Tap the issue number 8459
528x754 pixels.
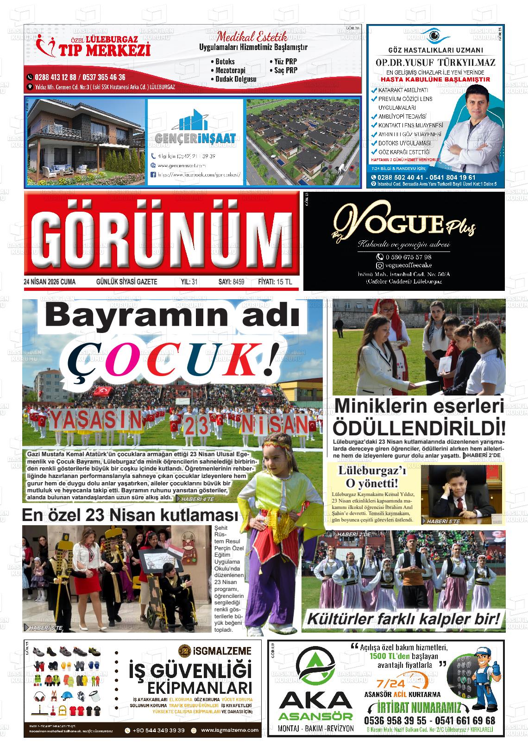coord(239,282)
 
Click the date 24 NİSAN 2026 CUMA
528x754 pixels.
coord(50,282)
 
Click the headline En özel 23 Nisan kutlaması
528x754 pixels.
coord(130,515)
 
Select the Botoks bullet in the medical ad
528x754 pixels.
coord(225,62)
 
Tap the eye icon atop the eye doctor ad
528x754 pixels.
coord(434,35)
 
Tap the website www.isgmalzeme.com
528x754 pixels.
coord(230,730)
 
